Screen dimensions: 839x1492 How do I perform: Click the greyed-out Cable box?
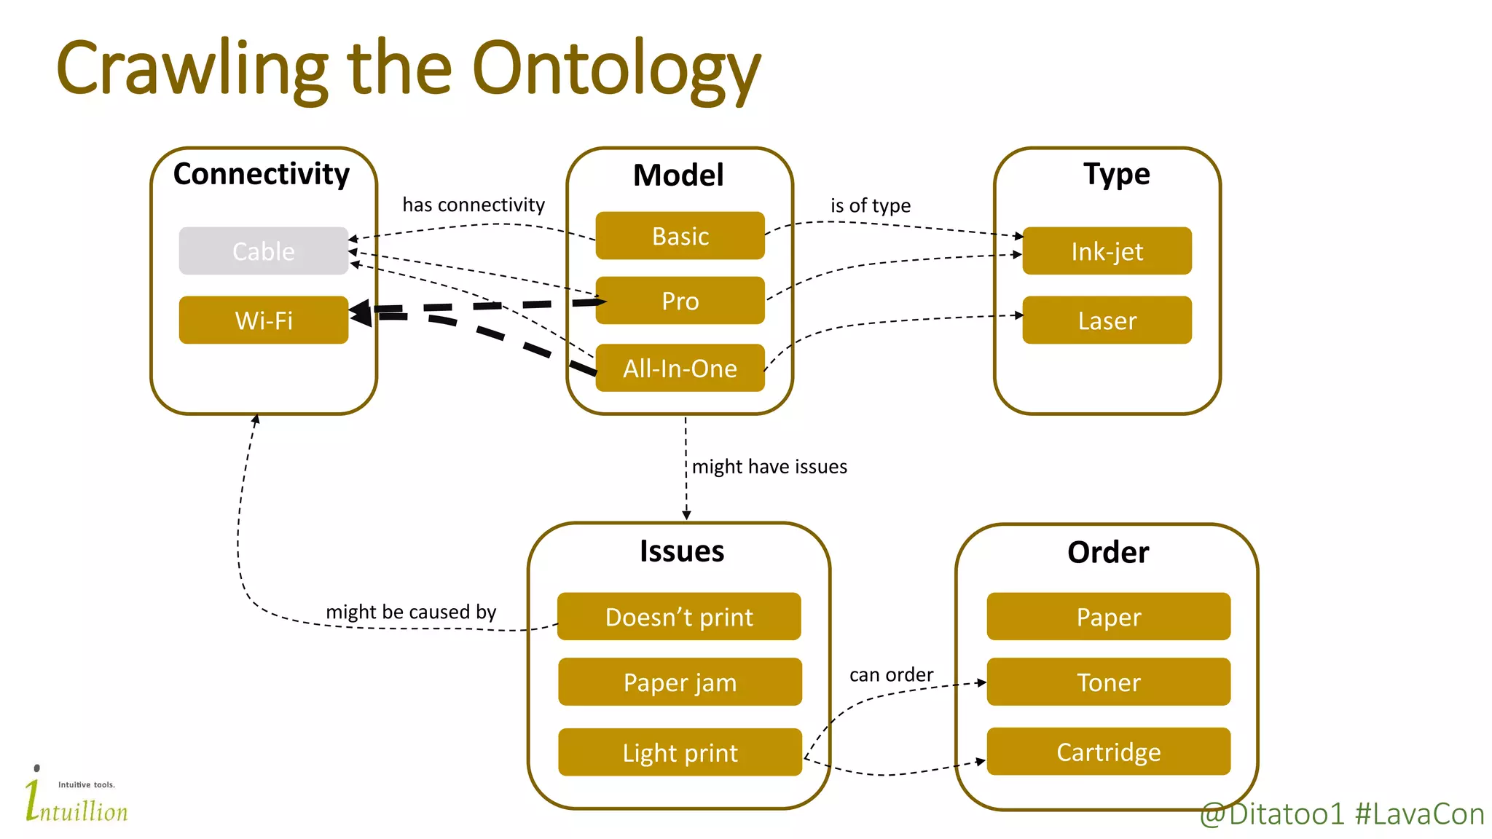pyautogui.click(x=264, y=251)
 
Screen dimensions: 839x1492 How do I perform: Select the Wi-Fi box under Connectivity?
pyautogui.click(x=264, y=320)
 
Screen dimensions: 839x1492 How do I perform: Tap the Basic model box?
pyautogui.click(x=680, y=236)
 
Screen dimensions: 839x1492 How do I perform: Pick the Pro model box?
pyautogui.click(x=680, y=300)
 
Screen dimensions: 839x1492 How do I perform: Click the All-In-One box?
pyautogui.click(x=680, y=368)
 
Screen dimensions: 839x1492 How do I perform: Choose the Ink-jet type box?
pyautogui.click(x=1107, y=251)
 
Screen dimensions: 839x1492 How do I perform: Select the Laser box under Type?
pyautogui.click(x=1107, y=320)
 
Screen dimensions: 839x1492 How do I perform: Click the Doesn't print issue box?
pyautogui.click(x=679, y=616)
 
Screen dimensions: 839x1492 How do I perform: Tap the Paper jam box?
pyautogui.click(x=680, y=682)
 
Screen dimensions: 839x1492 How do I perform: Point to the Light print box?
pyautogui.click(x=680, y=752)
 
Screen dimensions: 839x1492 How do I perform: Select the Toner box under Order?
pyautogui.click(x=1108, y=682)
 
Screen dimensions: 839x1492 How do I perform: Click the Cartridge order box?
pyautogui.click(x=1108, y=751)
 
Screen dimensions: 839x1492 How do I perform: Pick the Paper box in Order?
pyautogui.click(x=1108, y=616)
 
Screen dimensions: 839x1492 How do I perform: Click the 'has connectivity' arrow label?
pyautogui.click(x=474, y=205)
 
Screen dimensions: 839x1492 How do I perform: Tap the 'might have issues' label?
pyautogui.click(x=769, y=466)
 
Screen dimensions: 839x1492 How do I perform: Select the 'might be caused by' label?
pyautogui.click(x=411, y=611)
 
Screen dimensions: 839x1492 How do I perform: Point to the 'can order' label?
pyautogui.click(x=891, y=674)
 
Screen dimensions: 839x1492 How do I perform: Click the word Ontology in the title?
pyautogui.click(x=616, y=69)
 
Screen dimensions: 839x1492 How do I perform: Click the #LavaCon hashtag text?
pyautogui.click(x=1419, y=814)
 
